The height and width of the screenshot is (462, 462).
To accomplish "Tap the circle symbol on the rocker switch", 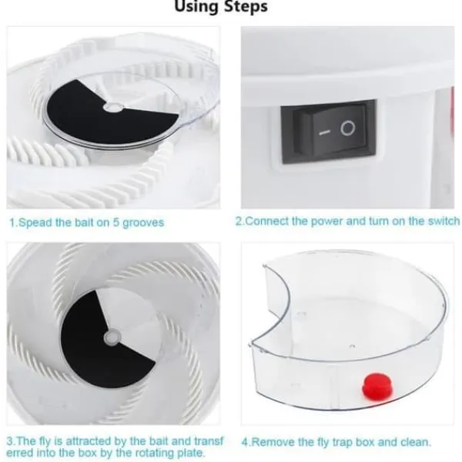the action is (348, 129).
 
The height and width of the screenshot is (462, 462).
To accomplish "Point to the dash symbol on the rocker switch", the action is (324, 132).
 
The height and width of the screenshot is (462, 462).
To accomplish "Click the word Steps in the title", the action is (245, 7).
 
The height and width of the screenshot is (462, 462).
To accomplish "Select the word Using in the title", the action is (196, 6).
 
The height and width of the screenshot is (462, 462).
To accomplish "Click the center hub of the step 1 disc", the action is (113, 108).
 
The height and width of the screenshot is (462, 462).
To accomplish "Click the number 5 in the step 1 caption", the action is (115, 223).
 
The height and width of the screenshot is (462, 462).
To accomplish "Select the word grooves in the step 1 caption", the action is (143, 223).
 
